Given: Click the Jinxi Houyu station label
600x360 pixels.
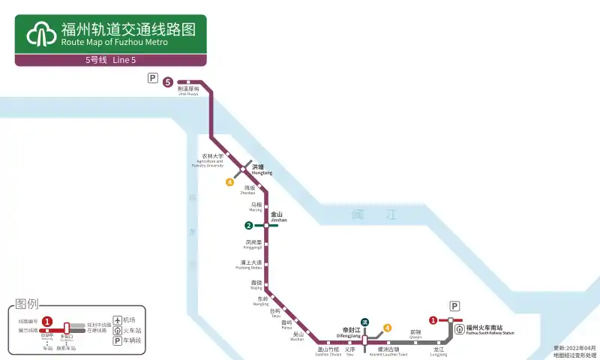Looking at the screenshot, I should tap(188, 91).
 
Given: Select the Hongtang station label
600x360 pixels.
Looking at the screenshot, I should tap(262, 169).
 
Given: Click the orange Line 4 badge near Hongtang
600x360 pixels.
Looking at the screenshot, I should tap(230, 181).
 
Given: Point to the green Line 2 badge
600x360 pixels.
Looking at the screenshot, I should tap(248, 225).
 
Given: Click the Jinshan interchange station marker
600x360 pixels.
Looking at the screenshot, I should tap(266, 225).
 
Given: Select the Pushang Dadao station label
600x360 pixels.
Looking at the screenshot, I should tap(248, 264).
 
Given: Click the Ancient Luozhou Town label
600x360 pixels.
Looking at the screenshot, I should tap(388, 351).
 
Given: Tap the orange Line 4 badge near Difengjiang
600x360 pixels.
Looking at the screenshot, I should tap(387, 328).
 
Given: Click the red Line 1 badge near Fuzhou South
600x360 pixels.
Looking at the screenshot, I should tap(433, 321).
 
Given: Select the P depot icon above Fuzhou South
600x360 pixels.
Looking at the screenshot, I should tap(454, 306).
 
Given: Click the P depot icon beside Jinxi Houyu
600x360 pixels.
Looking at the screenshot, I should tap(153, 78).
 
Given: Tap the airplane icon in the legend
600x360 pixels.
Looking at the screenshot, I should tap(117, 319).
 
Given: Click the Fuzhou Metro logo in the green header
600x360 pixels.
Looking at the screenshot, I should tap(41, 34).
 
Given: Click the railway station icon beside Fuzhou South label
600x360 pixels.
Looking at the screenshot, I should tap(458, 329).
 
